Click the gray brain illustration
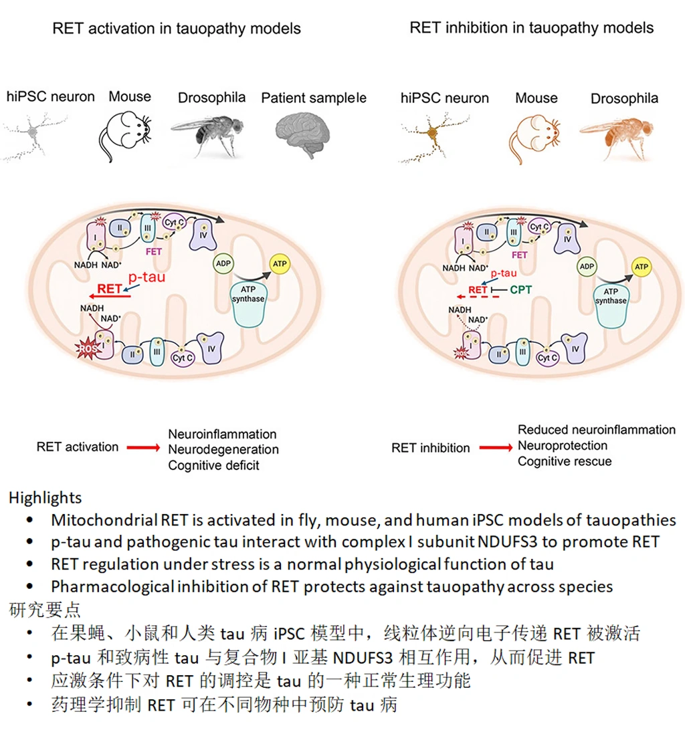coord(302,134)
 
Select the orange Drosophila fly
coord(617,136)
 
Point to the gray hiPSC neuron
coord(35,136)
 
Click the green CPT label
coord(520,289)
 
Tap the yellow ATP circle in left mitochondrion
coord(280,263)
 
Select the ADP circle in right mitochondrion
coord(587,266)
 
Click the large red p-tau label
coord(146,277)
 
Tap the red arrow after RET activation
coord(144,447)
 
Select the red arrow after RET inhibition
coord(496,447)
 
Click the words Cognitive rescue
coord(565,461)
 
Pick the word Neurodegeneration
coord(223,449)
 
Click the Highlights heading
coord(45,497)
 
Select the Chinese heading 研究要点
coord(45,610)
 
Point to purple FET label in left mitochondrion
coord(153,251)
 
